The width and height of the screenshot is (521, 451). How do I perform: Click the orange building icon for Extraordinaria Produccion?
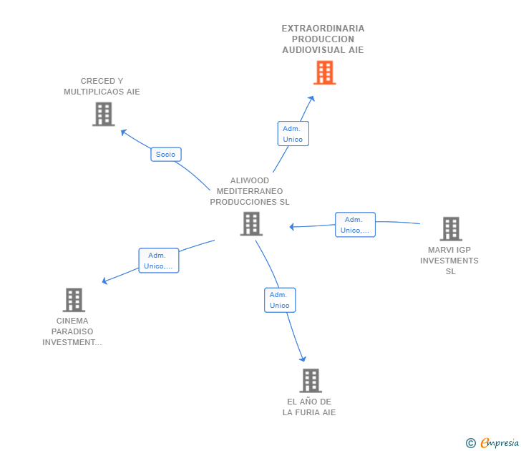point(324,72)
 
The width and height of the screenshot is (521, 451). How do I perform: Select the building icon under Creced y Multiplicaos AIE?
point(103,114)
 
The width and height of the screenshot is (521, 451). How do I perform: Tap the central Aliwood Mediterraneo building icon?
point(251,223)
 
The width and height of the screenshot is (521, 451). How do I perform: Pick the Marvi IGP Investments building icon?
point(450,229)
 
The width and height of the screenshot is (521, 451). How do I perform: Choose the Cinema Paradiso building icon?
point(73,300)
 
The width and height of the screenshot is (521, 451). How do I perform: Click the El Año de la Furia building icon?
point(310,381)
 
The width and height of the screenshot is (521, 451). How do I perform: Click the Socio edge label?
point(165,154)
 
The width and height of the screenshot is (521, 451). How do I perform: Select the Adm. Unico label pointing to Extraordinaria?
point(293,134)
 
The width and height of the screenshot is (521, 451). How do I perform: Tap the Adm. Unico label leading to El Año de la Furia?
point(279,300)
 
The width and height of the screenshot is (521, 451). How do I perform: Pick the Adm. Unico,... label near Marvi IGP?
point(355,225)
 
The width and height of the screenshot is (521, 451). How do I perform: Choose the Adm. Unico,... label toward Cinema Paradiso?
point(158,261)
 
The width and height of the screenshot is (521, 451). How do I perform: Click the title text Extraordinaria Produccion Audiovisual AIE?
point(323,39)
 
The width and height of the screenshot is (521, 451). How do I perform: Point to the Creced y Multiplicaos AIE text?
point(102,87)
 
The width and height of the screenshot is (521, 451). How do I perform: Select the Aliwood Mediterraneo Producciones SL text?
point(250,191)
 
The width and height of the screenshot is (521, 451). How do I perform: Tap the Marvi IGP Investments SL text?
point(449,261)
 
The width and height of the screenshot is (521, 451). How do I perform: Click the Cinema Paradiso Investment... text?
point(72,331)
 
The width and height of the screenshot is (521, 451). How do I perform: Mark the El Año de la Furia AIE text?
point(309,407)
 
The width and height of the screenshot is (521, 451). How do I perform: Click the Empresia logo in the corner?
point(500,443)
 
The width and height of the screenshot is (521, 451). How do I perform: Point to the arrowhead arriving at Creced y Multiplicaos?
point(123,132)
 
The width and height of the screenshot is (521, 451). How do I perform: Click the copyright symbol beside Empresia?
point(470,443)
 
